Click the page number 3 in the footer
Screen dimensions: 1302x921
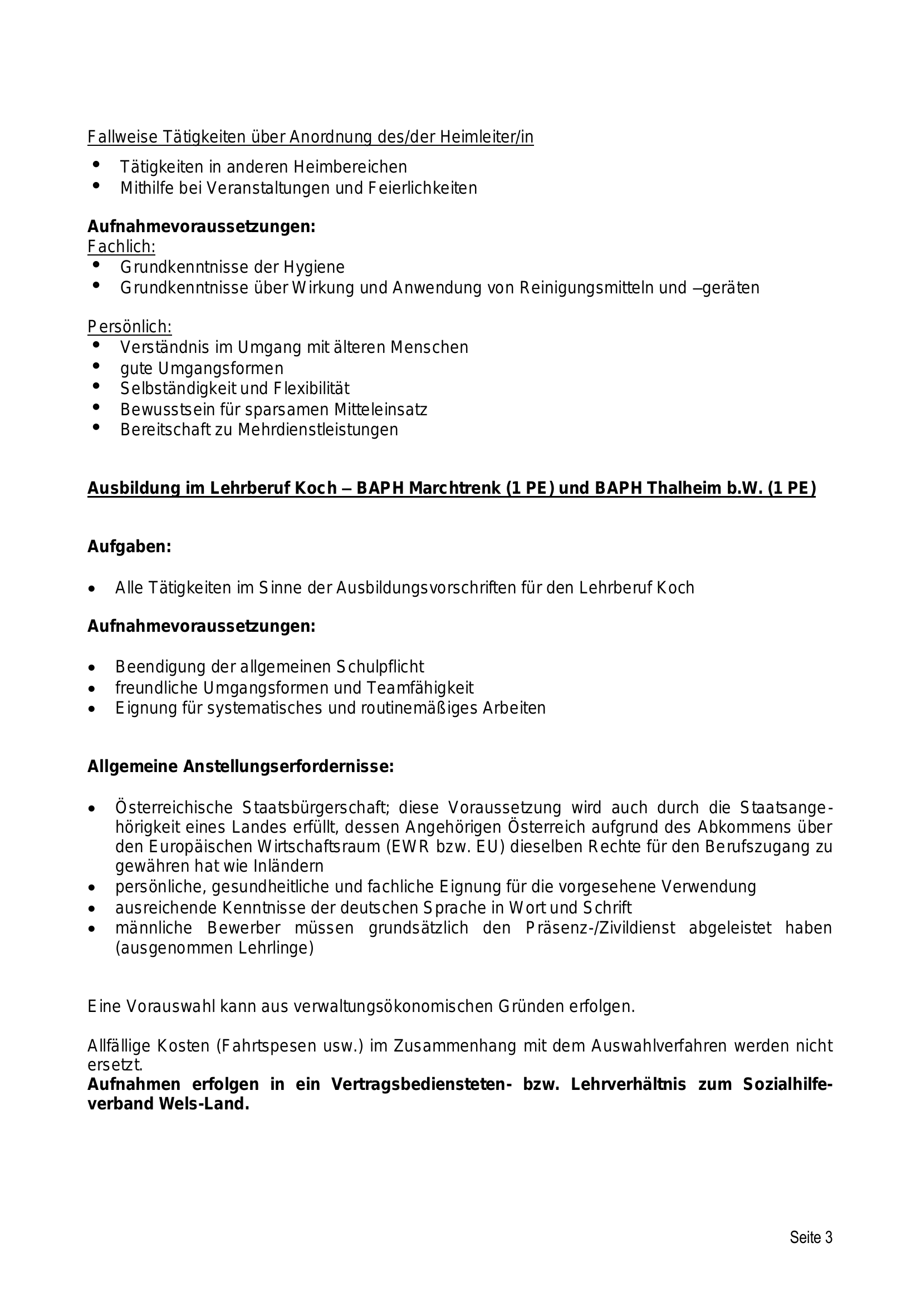[829, 1237]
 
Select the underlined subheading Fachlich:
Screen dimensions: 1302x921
[121, 247]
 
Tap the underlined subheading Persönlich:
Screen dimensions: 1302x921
[129, 327]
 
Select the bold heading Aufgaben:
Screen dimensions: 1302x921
[129, 547]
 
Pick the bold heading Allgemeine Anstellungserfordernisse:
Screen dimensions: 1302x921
[241, 767]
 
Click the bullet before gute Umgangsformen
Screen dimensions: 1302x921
[95, 366]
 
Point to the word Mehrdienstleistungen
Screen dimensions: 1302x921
[317, 430]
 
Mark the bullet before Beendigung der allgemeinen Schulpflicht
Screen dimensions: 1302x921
[92, 667]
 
